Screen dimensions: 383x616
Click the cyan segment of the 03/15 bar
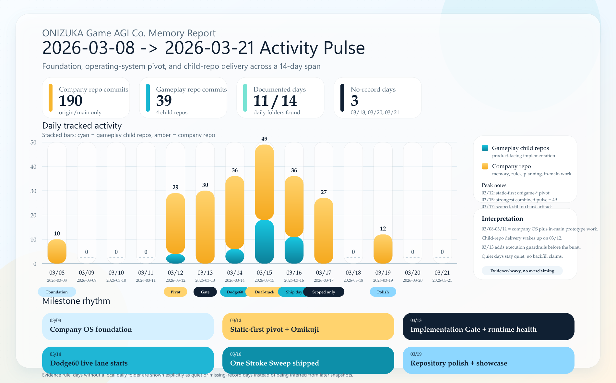(x=264, y=242)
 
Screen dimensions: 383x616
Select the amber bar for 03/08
(x=57, y=252)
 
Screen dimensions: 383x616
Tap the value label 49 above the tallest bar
(x=264, y=139)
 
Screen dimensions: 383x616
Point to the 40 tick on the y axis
(x=33, y=167)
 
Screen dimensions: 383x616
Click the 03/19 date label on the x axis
(x=383, y=273)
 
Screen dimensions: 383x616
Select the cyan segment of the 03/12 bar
(x=175, y=259)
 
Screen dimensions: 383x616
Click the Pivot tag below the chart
(x=175, y=292)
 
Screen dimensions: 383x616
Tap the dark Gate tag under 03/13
(x=205, y=292)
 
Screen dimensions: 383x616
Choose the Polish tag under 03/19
(x=383, y=292)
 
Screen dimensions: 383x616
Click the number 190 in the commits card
(x=71, y=101)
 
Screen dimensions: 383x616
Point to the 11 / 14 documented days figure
(x=275, y=101)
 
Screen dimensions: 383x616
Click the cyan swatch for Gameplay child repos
(x=485, y=148)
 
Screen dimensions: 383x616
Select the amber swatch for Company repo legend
(x=485, y=166)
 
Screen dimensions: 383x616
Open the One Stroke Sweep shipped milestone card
(x=308, y=360)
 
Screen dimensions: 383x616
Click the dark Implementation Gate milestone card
(x=488, y=326)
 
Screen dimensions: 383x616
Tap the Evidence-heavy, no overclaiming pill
(x=522, y=271)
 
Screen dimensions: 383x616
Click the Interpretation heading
(x=502, y=218)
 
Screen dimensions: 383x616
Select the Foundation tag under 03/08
(x=57, y=292)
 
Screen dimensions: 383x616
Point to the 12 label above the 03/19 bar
(x=383, y=229)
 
